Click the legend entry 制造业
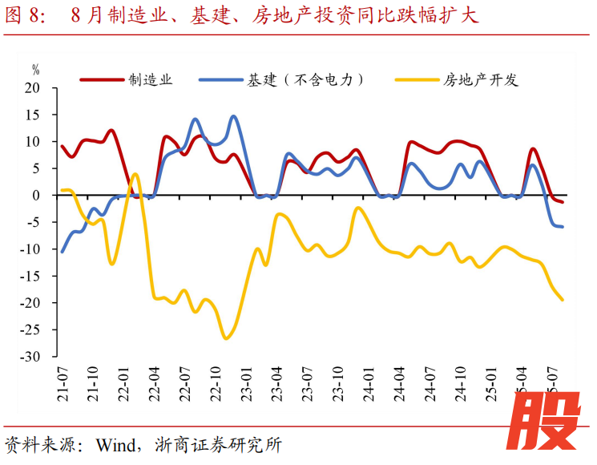tap(151, 79)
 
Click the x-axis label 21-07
tap(63, 383)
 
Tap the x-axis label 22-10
tap(216, 383)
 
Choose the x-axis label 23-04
tap(276, 383)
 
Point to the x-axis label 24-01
tap(369, 383)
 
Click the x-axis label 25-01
tap(491, 383)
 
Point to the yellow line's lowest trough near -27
tap(226, 338)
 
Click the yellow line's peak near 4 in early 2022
tap(134, 173)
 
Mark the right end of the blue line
tap(563, 227)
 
